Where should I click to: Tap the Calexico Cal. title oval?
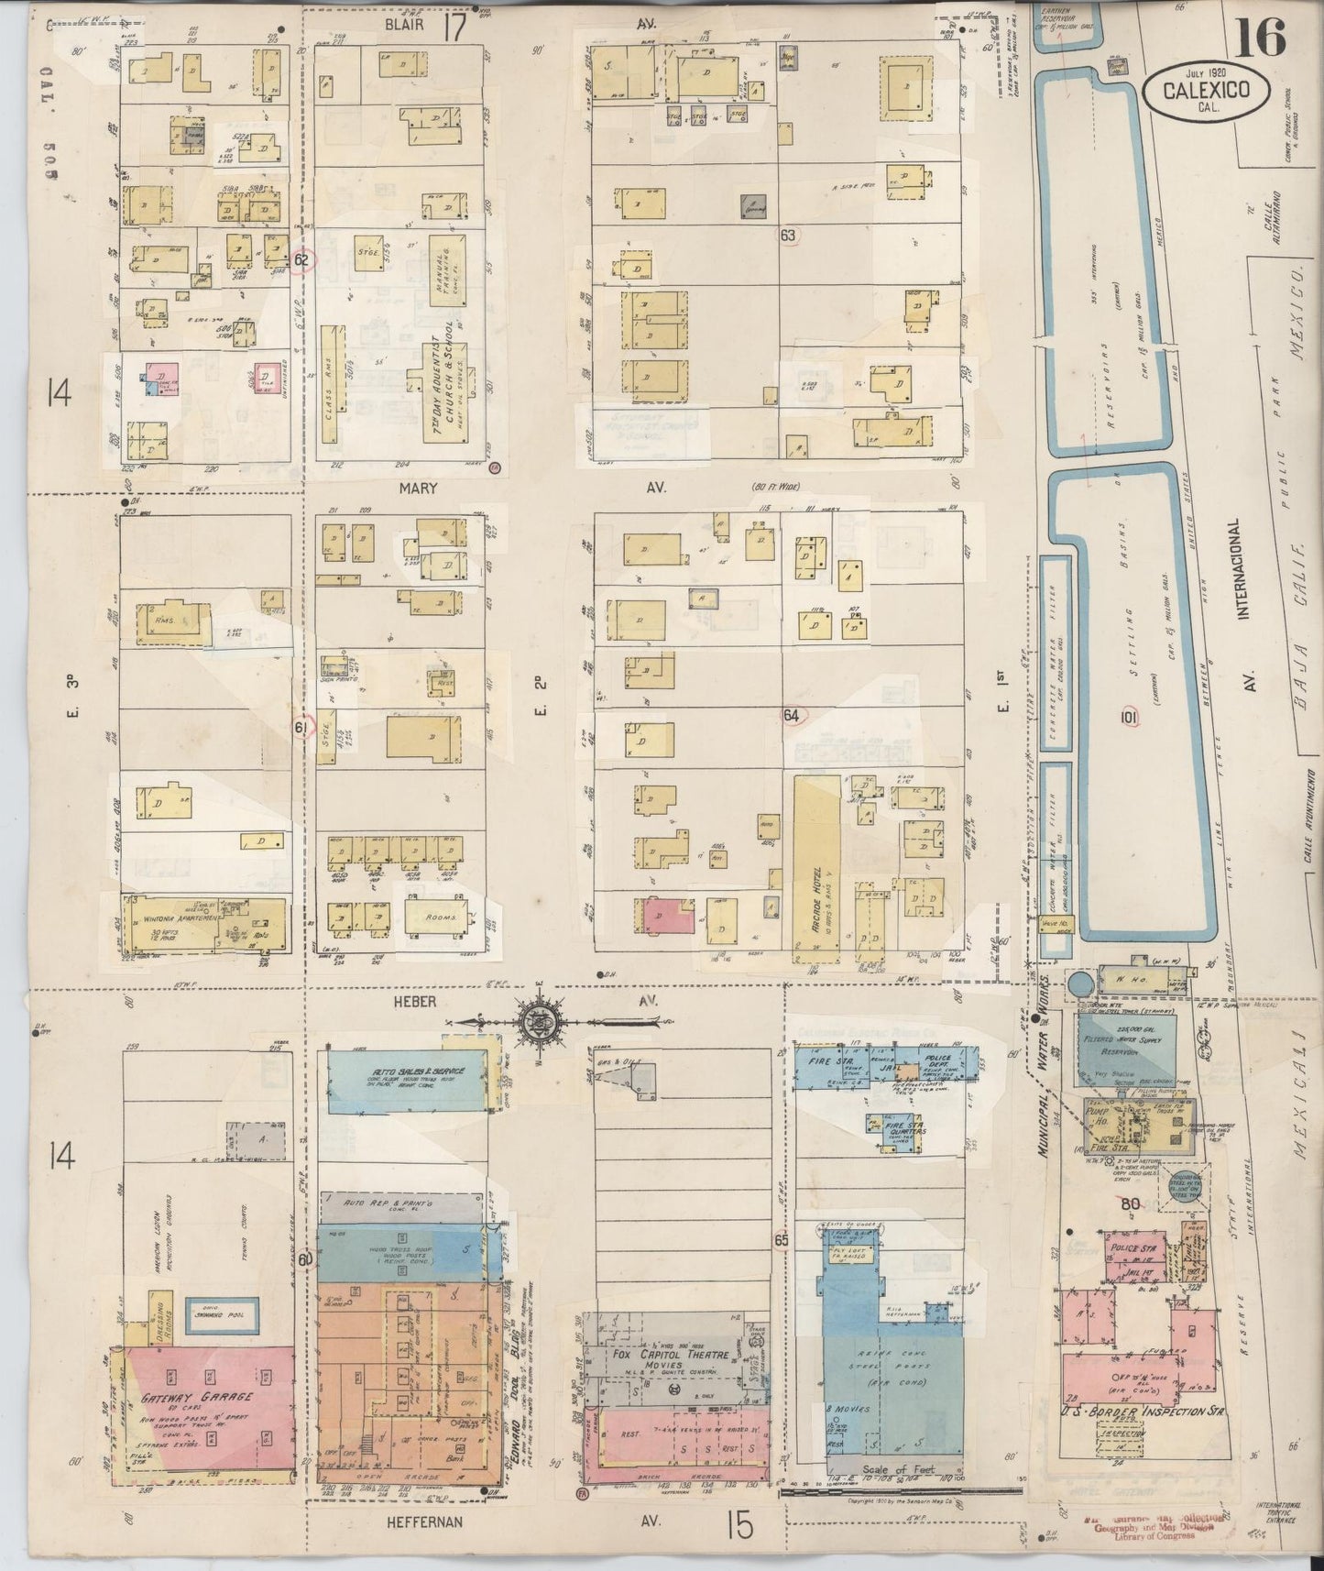[1206, 90]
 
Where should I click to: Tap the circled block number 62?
[303, 259]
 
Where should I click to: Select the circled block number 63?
[788, 236]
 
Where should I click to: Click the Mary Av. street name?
[418, 489]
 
